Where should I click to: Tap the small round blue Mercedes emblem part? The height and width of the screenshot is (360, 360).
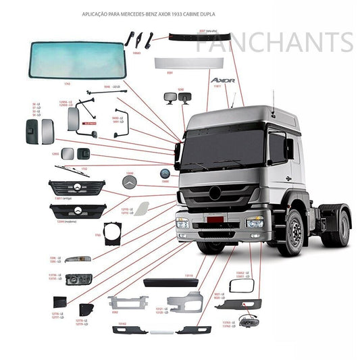(165, 174)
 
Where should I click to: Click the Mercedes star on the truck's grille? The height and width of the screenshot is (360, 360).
(215, 193)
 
